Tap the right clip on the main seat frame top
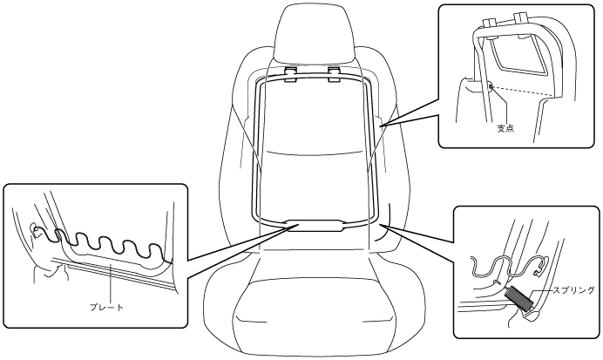point(335,73)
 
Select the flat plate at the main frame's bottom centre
point(316,226)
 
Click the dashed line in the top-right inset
point(523,92)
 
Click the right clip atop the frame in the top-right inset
point(521,18)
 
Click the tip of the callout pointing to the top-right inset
point(381,126)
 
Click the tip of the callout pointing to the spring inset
point(382,225)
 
